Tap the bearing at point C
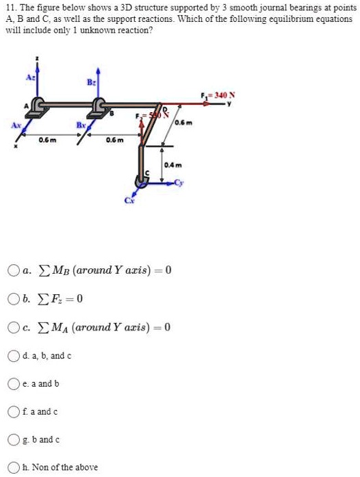click(x=144, y=179)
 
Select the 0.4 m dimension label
click(x=171, y=165)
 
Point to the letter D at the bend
click(x=162, y=109)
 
